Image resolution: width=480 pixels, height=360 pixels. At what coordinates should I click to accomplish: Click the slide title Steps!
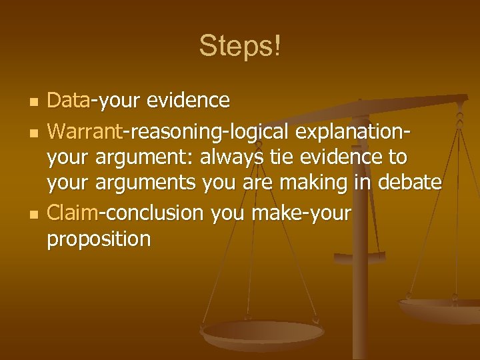240,46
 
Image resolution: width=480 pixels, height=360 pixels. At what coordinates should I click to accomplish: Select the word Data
69,101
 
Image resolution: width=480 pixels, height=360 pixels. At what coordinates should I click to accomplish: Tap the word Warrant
85,131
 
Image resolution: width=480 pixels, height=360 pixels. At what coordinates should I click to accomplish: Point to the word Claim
73,213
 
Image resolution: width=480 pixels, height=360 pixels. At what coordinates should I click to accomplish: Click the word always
237,157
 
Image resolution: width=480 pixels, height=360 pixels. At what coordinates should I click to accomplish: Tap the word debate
409,183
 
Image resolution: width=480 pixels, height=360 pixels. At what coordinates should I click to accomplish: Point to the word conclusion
154,213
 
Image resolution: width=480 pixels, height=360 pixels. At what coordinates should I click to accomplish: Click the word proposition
99,239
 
